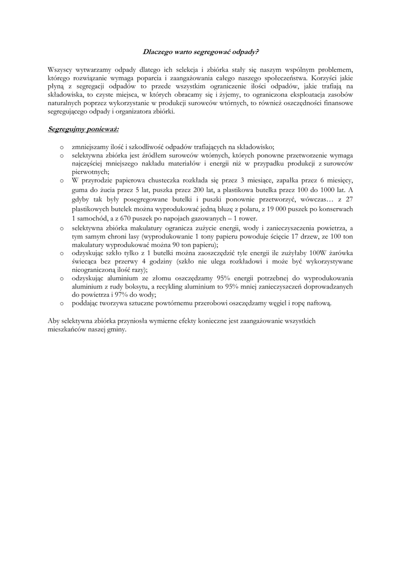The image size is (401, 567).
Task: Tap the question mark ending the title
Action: click(257, 52)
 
